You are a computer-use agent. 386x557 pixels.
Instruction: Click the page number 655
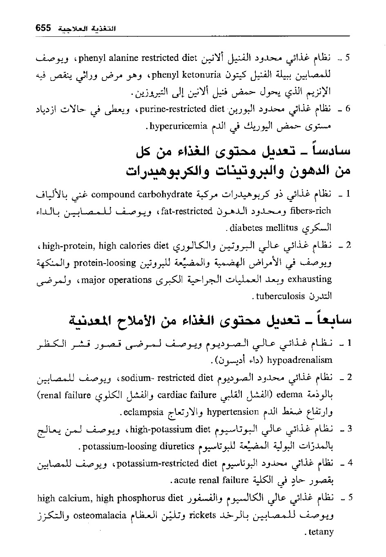coord(43,28)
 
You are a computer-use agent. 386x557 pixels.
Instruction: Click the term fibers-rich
coord(310,211)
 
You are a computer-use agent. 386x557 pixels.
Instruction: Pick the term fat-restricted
coord(187,211)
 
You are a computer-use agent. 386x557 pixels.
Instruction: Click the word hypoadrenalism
coord(299,360)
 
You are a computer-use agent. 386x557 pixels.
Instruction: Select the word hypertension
coord(233,412)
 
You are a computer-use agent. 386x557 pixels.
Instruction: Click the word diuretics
coord(176,446)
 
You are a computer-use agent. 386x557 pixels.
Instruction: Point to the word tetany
coord(321,532)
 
